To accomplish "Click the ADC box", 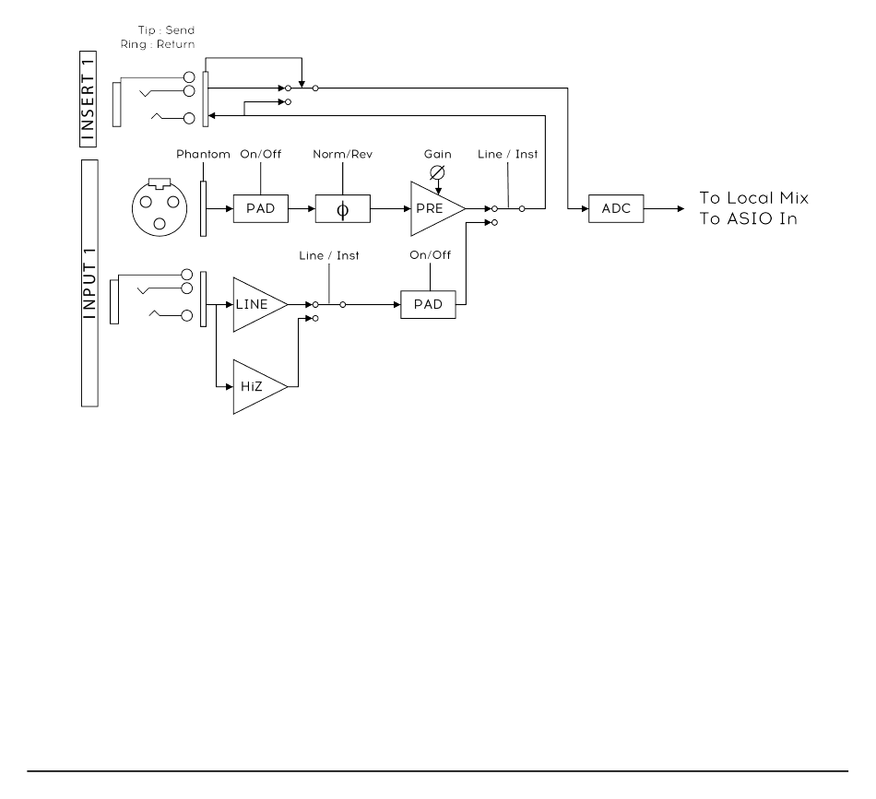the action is [x=616, y=209].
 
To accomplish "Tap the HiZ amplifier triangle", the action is [x=258, y=386].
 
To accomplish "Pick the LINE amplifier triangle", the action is [x=258, y=304].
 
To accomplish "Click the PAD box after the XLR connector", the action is [x=261, y=209].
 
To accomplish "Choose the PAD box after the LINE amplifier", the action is [x=428, y=305].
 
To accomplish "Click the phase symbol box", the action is [x=342, y=209].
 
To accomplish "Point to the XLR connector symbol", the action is [x=160, y=207].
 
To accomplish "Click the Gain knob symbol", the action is [x=437, y=172].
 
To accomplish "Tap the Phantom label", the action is [x=203, y=154].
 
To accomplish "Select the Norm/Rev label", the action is [x=342, y=154].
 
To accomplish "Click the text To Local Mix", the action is [x=754, y=197].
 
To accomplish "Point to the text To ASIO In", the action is [x=748, y=218].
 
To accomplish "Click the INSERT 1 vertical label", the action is [x=89, y=99].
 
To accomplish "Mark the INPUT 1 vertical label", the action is [x=89, y=283].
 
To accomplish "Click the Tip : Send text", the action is [x=167, y=30].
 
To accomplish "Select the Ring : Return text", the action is [x=158, y=44].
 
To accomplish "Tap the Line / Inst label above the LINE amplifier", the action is [x=329, y=255].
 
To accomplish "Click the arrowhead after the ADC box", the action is [x=681, y=209].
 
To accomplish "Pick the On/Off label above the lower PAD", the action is [x=431, y=255].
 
